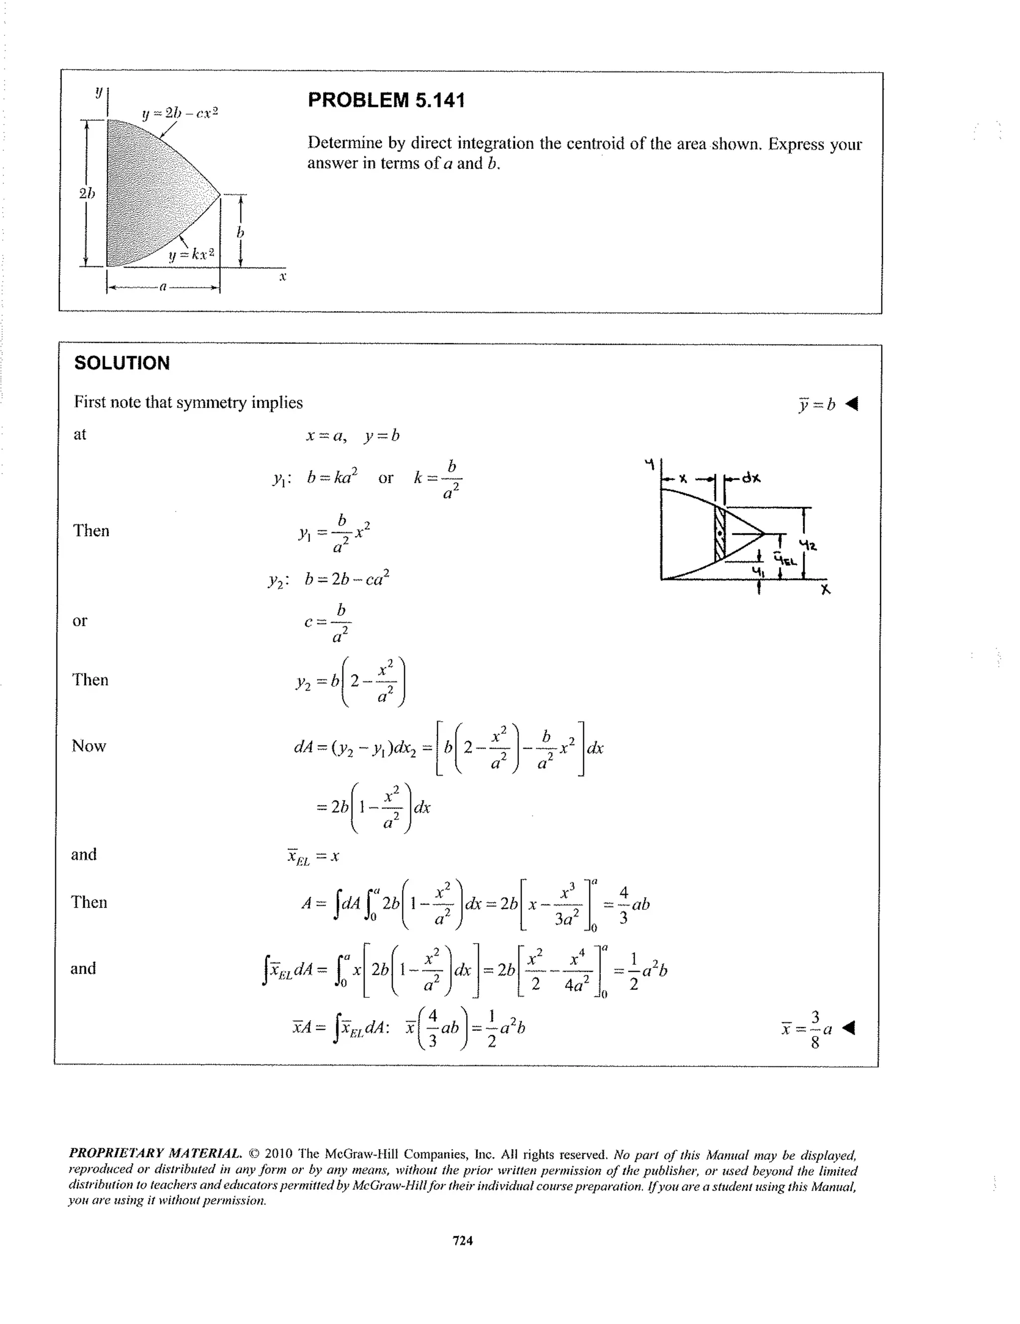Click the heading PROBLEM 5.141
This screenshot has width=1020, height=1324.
(386, 100)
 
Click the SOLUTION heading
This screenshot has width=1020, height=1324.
(122, 363)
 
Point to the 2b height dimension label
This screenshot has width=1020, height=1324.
(87, 193)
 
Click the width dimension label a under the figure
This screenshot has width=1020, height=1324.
(162, 287)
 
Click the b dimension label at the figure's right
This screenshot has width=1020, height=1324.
(240, 233)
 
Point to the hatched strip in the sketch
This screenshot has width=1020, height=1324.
(719, 534)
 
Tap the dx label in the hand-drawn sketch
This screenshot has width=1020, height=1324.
(752, 478)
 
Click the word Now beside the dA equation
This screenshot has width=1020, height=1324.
(89, 746)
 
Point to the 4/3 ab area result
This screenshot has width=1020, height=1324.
(634, 905)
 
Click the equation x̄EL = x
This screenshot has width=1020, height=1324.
(313, 857)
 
